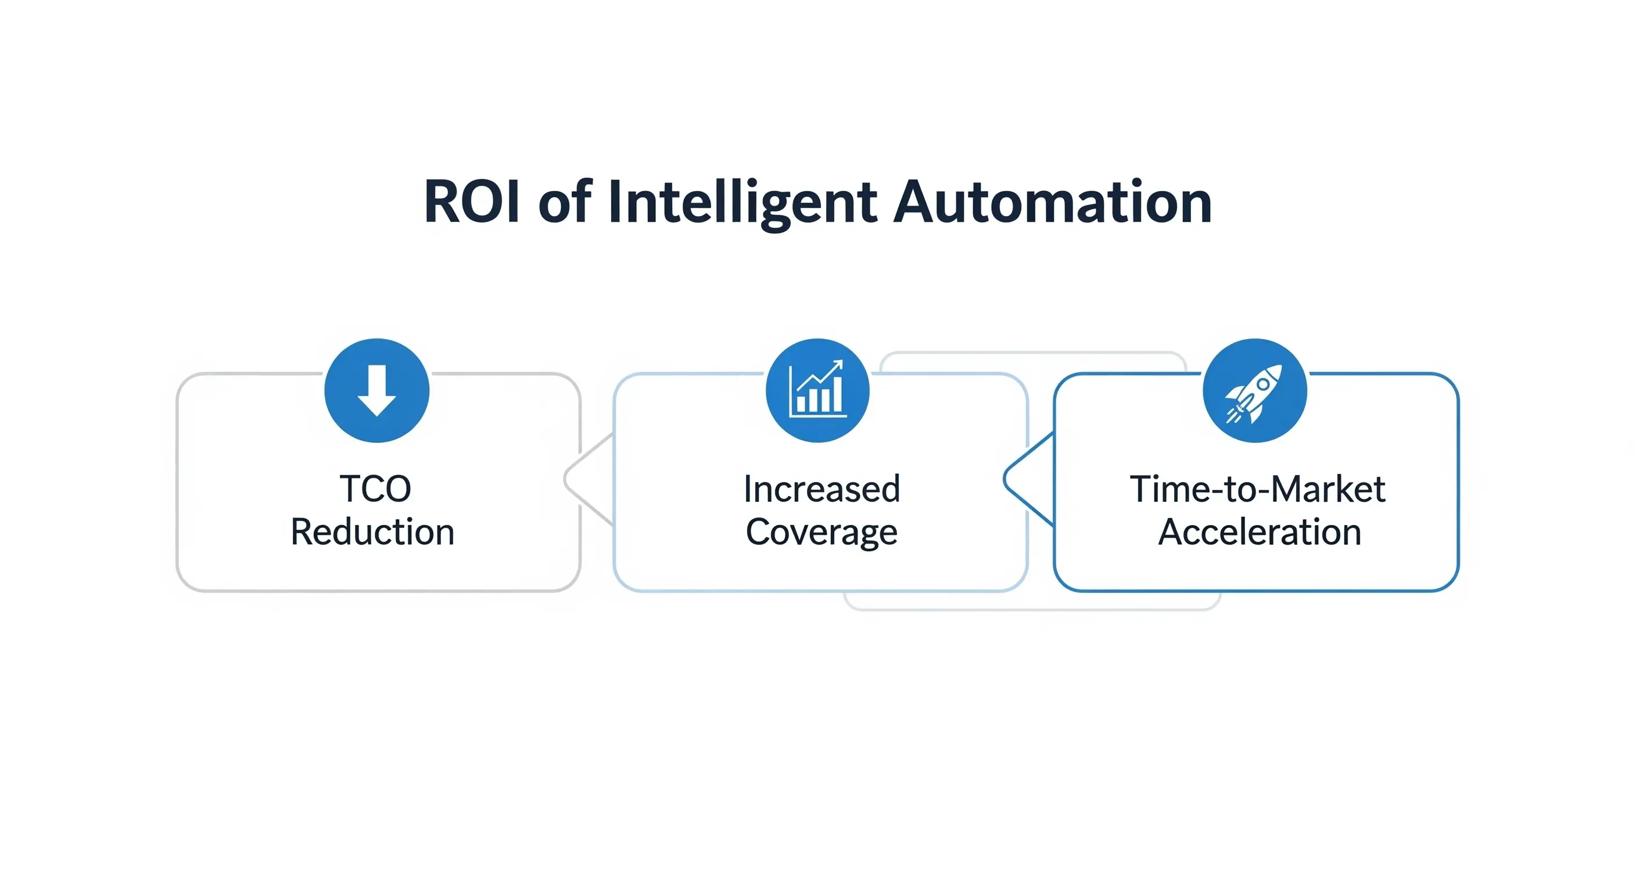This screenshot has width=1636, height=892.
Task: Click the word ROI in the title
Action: (472, 202)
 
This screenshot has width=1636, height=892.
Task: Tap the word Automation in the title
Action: (1053, 202)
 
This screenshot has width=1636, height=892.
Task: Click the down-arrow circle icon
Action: (376, 390)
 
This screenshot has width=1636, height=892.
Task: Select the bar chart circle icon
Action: (818, 390)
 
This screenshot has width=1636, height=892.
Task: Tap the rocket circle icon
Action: (1255, 390)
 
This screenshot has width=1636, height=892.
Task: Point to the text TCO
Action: (375, 489)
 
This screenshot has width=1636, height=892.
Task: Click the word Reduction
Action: (373, 532)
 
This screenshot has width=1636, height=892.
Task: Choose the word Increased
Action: (822, 489)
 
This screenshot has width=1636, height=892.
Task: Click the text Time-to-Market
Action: (1257, 489)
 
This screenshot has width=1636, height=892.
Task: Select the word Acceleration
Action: (1260, 532)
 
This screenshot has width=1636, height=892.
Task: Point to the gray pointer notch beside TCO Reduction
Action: (588, 479)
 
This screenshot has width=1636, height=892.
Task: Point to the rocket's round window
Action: (1263, 384)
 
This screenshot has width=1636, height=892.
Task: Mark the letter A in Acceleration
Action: (1171, 532)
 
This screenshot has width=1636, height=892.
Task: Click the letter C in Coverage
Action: (758, 532)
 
